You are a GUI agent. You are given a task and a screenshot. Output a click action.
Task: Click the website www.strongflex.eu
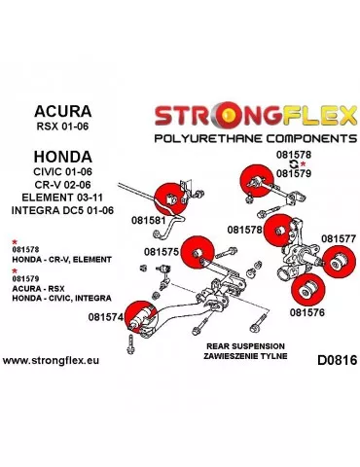(x=55, y=360)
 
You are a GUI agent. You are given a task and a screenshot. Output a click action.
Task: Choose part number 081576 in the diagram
(x=307, y=313)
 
